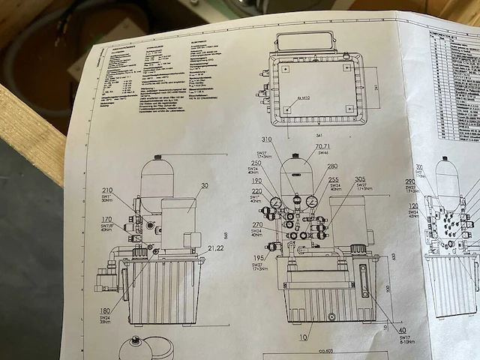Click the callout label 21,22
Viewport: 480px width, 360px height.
click(216, 247)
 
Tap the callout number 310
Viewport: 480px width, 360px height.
click(267, 140)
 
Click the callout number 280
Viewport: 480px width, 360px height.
click(331, 166)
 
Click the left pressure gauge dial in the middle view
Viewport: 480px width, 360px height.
click(277, 202)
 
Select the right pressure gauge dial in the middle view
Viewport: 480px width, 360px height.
click(311, 200)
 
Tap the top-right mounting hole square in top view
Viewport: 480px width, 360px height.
click(347, 67)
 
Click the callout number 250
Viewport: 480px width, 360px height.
click(257, 163)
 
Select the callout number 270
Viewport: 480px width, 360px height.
click(257, 224)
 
